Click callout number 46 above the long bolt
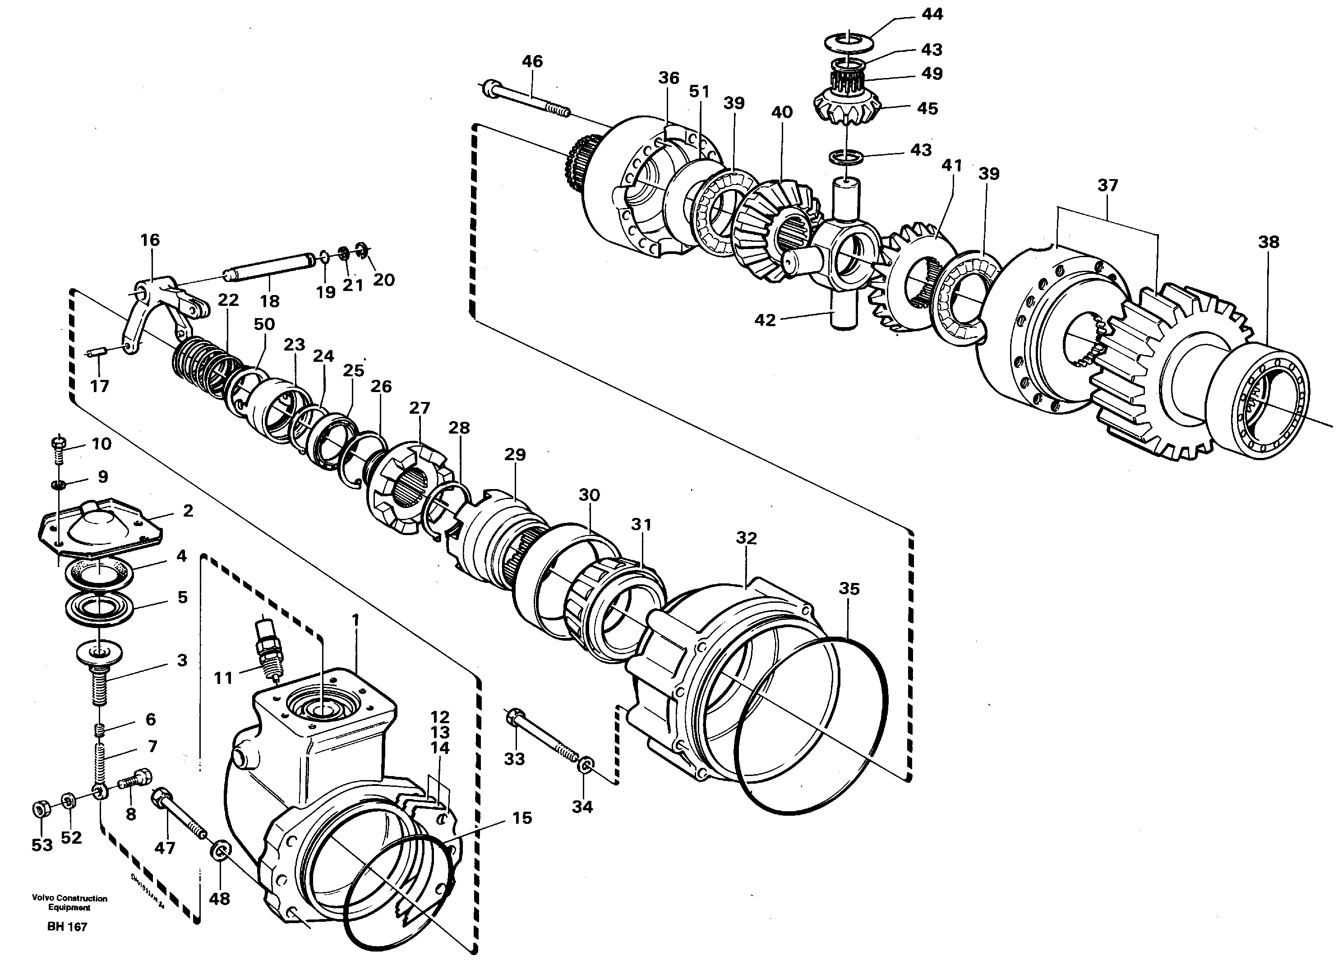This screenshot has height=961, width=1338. pos(532,61)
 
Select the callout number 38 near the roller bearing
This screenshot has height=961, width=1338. pos(1269,242)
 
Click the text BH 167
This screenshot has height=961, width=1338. pos(67,927)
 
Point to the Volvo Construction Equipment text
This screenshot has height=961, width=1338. pos(69,903)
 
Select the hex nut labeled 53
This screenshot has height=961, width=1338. pos(40,809)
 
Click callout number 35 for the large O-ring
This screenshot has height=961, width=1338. pos(849,588)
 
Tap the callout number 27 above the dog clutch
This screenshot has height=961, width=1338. pos(420,408)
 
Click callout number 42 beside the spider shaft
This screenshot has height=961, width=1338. pos(765,320)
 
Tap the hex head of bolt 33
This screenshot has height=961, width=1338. pos(512,716)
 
